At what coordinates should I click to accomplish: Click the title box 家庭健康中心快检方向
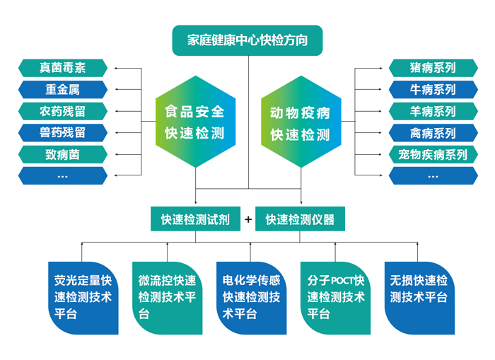248,40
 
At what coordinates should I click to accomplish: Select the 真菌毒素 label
63,68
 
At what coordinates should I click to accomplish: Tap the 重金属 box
63,90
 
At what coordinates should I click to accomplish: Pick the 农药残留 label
63,111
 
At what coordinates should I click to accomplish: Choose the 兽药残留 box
63,132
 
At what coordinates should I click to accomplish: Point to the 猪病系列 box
433,68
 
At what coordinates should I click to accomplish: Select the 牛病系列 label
433,90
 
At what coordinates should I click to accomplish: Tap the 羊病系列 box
433,111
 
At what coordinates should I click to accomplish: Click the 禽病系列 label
433,132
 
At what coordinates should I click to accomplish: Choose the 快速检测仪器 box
300,219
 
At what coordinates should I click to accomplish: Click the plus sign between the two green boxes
248,219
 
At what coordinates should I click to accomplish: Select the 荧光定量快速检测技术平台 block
83,297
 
